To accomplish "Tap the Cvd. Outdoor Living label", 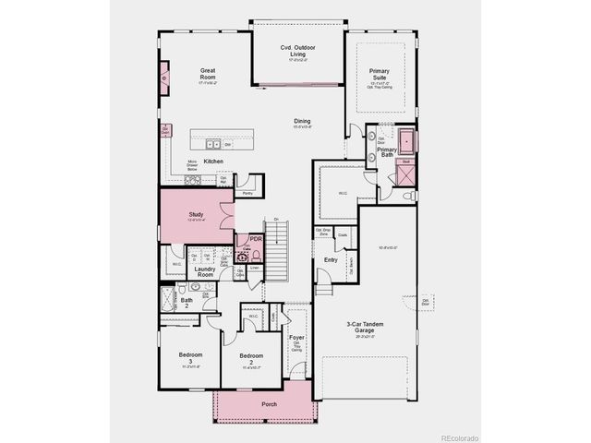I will coord(299,51).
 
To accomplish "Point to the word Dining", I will coord(302,121).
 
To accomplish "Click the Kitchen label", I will coord(213,162).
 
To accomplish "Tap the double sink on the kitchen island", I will coord(212,144).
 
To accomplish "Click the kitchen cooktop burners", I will coord(192,181).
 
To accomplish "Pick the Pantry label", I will coord(247,194).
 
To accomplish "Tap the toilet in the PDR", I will coord(256,256).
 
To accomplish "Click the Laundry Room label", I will coord(204,271).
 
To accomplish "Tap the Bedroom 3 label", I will coord(191,355).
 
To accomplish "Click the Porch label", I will coord(269,404).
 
